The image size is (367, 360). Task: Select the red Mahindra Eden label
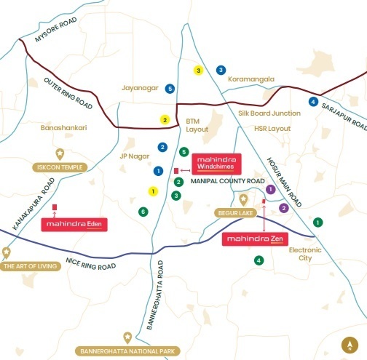tap(75, 225)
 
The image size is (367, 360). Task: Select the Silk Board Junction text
tap(269, 113)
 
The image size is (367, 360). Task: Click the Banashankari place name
tap(63, 127)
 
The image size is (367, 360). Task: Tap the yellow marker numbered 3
tap(198, 71)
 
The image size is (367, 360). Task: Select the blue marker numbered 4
tap(313, 102)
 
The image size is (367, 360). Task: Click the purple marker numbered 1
tap(270, 189)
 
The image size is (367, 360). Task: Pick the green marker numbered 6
tap(143, 212)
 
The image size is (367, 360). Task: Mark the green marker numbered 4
tap(258, 260)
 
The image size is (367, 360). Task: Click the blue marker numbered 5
tap(170, 89)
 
